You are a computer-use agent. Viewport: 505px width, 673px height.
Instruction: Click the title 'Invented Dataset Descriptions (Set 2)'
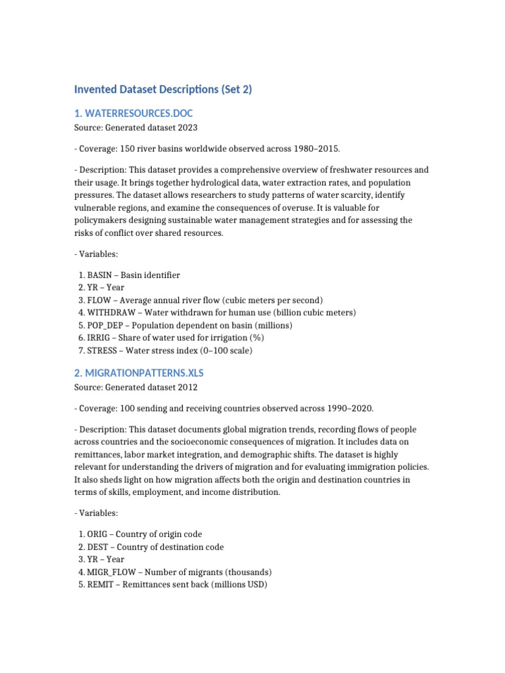point(162,89)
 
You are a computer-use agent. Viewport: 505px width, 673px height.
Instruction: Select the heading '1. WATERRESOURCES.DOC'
point(133,113)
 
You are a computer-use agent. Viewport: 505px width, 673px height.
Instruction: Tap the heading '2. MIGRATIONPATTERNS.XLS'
point(143,373)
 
